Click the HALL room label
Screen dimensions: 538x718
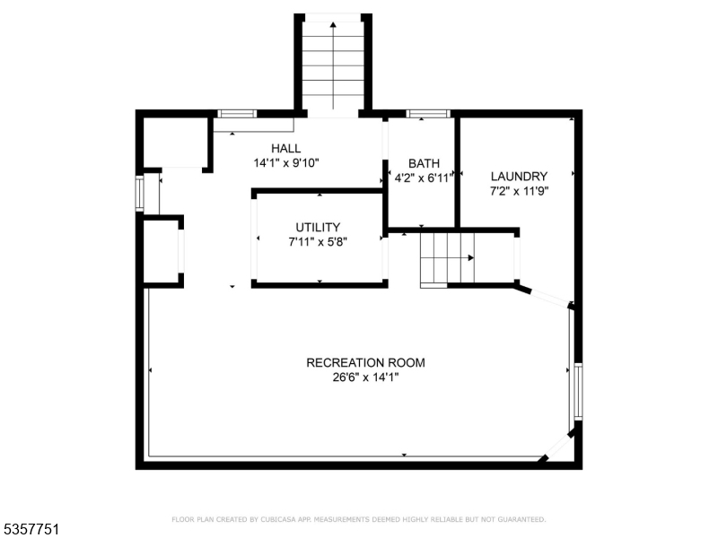point(286,148)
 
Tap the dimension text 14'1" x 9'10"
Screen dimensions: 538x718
point(286,163)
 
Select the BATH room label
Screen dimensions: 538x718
point(424,163)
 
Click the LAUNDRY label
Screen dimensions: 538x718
point(518,176)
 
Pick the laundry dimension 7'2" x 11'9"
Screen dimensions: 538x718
point(518,191)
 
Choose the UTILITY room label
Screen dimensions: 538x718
point(318,227)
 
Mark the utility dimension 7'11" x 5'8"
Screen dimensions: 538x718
point(318,242)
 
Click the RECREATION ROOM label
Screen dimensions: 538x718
point(365,363)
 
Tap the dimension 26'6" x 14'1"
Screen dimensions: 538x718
point(365,378)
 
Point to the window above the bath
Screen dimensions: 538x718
point(427,114)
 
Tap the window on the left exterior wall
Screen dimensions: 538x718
point(139,193)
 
